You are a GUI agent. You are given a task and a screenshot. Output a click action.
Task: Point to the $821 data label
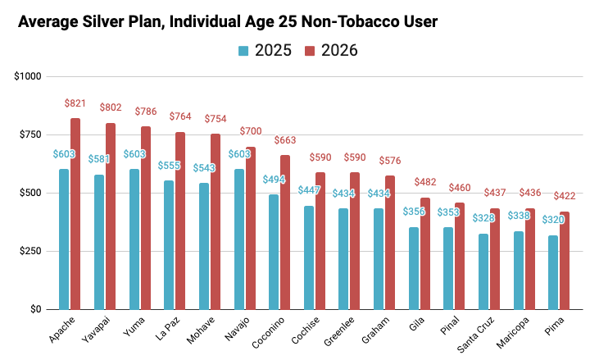coord(75,103)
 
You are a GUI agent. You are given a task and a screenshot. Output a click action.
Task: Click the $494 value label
coord(275,180)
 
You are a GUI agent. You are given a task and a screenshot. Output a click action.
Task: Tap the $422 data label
coord(565,196)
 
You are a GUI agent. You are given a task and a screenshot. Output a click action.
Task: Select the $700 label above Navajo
coord(251,131)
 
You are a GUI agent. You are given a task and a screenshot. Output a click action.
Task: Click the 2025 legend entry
coord(264,51)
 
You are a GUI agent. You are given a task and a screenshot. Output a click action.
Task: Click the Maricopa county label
coord(513,335)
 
